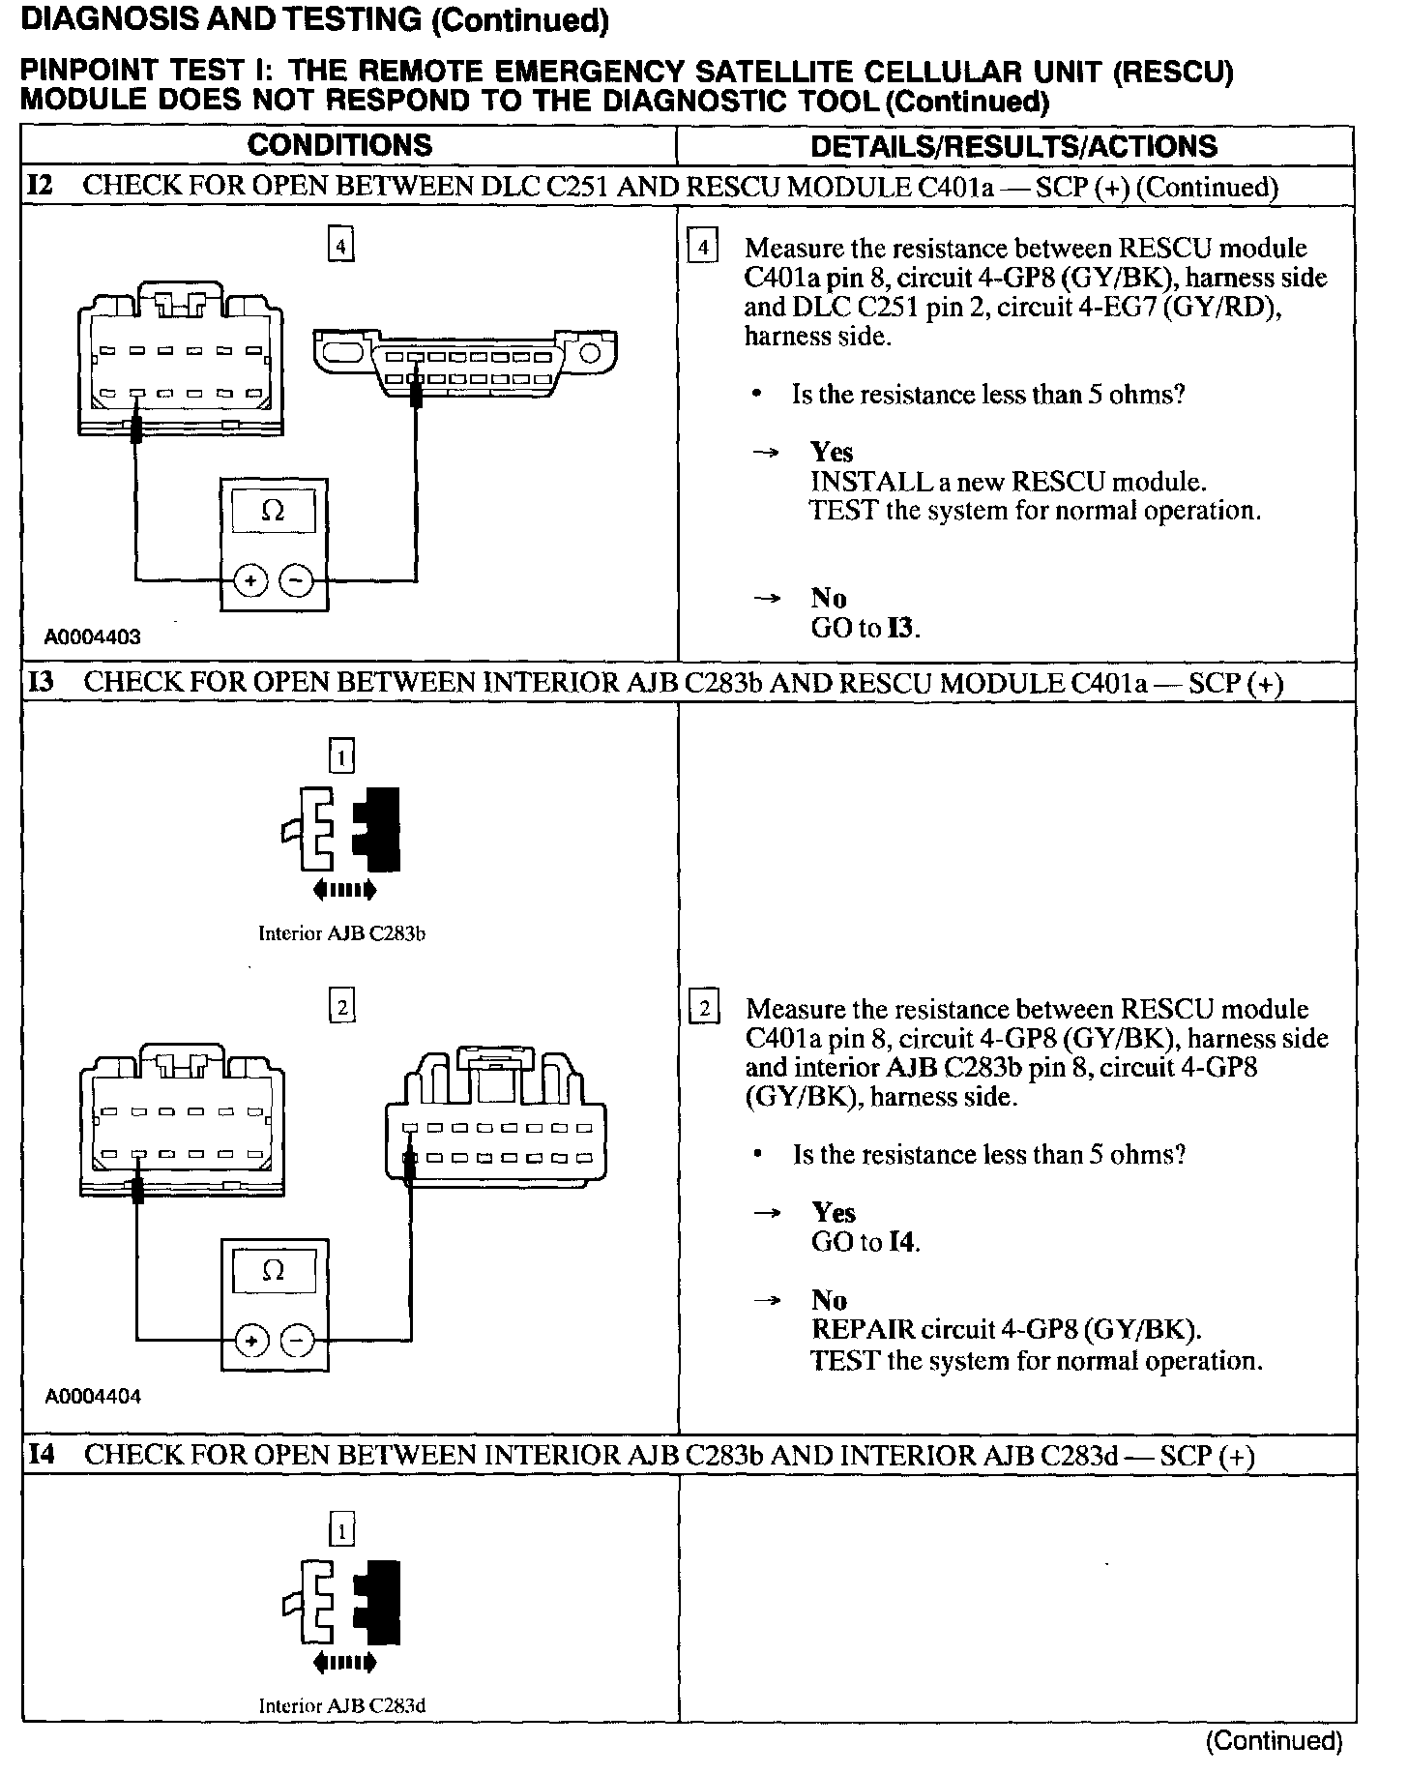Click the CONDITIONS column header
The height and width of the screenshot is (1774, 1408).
(339, 145)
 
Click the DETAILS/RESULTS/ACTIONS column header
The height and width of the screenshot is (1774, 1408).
(1013, 146)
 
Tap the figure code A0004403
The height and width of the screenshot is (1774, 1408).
(93, 636)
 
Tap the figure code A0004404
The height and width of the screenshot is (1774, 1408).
(93, 1397)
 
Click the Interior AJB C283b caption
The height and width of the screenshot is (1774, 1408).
(341, 933)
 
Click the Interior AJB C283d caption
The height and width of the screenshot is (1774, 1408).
(341, 1705)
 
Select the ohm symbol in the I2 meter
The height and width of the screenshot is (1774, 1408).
(274, 511)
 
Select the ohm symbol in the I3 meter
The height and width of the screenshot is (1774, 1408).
(274, 1270)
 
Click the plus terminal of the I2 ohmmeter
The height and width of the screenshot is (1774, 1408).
(250, 581)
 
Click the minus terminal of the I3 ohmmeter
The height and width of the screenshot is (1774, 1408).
(297, 1341)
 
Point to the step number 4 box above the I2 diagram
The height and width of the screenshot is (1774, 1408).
(340, 248)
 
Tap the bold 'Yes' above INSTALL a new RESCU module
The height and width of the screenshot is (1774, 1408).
(832, 452)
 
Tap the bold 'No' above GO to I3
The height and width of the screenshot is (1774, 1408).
(829, 599)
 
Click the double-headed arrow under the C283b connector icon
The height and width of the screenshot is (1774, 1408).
(344, 890)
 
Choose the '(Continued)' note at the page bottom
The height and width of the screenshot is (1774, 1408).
(1273, 1742)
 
